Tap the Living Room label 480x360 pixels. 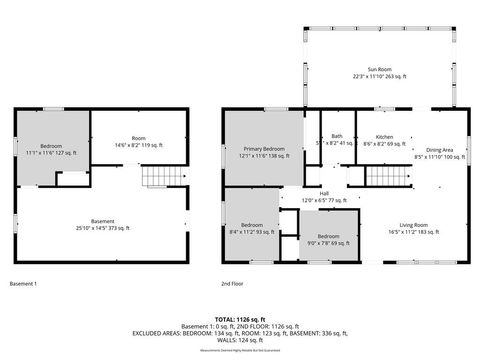click(414, 227)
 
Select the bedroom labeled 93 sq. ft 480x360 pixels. click(251, 228)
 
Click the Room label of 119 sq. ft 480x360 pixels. click(138, 142)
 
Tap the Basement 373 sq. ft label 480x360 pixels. click(103, 223)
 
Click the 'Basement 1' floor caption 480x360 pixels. click(23, 284)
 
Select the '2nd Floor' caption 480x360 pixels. click(233, 284)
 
